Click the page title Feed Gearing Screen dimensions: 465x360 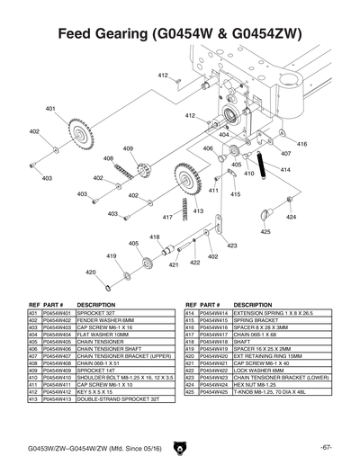click(x=179, y=35)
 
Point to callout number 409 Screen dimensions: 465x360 click(x=128, y=148)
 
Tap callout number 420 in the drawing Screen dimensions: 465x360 click(x=90, y=272)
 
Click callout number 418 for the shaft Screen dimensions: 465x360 click(x=155, y=237)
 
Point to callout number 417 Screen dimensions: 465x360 click(x=167, y=217)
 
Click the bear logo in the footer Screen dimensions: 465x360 click(x=181, y=446)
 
